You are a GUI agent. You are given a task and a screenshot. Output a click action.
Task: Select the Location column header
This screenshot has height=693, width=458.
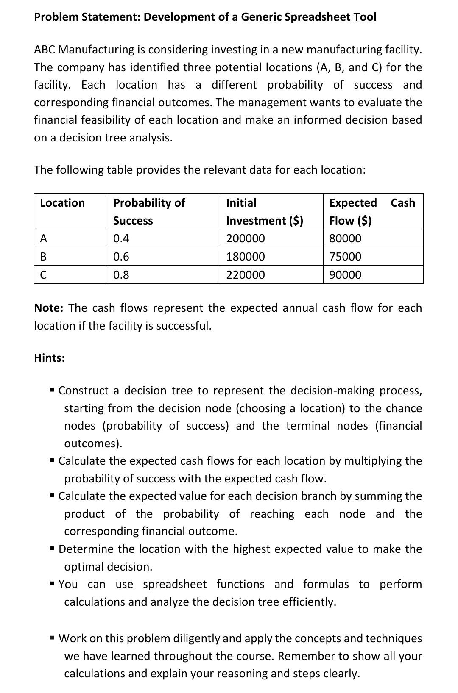pyautogui.click(x=62, y=203)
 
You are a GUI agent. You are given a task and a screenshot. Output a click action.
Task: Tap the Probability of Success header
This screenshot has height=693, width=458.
pyautogui.click(x=149, y=211)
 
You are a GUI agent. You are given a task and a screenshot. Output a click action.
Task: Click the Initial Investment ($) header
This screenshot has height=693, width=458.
pyautogui.click(x=264, y=211)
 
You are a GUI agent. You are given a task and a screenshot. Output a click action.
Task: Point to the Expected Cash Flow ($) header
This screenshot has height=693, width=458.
pyautogui.click(x=372, y=211)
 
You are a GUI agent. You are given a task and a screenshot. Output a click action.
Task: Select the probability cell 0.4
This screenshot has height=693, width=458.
pyautogui.click(x=121, y=238)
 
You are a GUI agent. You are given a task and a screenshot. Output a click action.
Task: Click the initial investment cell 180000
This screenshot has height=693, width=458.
pyautogui.click(x=246, y=257)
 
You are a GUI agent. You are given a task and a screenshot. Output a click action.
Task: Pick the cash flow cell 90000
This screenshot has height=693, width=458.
pyautogui.click(x=345, y=275)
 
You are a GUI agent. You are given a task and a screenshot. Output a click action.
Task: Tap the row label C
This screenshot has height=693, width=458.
pyautogui.click(x=43, y=275)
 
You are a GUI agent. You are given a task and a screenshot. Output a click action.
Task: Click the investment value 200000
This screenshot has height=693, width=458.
pyautogui.click(x=246, y=238)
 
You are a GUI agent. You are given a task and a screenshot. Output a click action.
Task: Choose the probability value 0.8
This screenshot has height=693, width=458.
pyautogui.click(x=121, y=275)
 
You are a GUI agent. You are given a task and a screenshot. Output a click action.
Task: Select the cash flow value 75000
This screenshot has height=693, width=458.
pyautogui.click(x=345, y=257)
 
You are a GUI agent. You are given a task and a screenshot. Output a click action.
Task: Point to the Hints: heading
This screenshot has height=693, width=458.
pyautogui.click(x=50, y=358)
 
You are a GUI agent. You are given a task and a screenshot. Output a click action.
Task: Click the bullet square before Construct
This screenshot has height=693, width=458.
pyautogui.click(x=53, y=390)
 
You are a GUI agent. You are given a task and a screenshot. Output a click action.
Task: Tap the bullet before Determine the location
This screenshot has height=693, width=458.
pyautogui.click(x=53, y=549)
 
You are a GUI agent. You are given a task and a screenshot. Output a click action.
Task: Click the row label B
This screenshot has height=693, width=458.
pyautogui.click(x=43, y=257)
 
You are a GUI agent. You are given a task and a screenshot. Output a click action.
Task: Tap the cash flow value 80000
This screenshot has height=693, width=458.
pyautogui.click(x=345, y=238)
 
